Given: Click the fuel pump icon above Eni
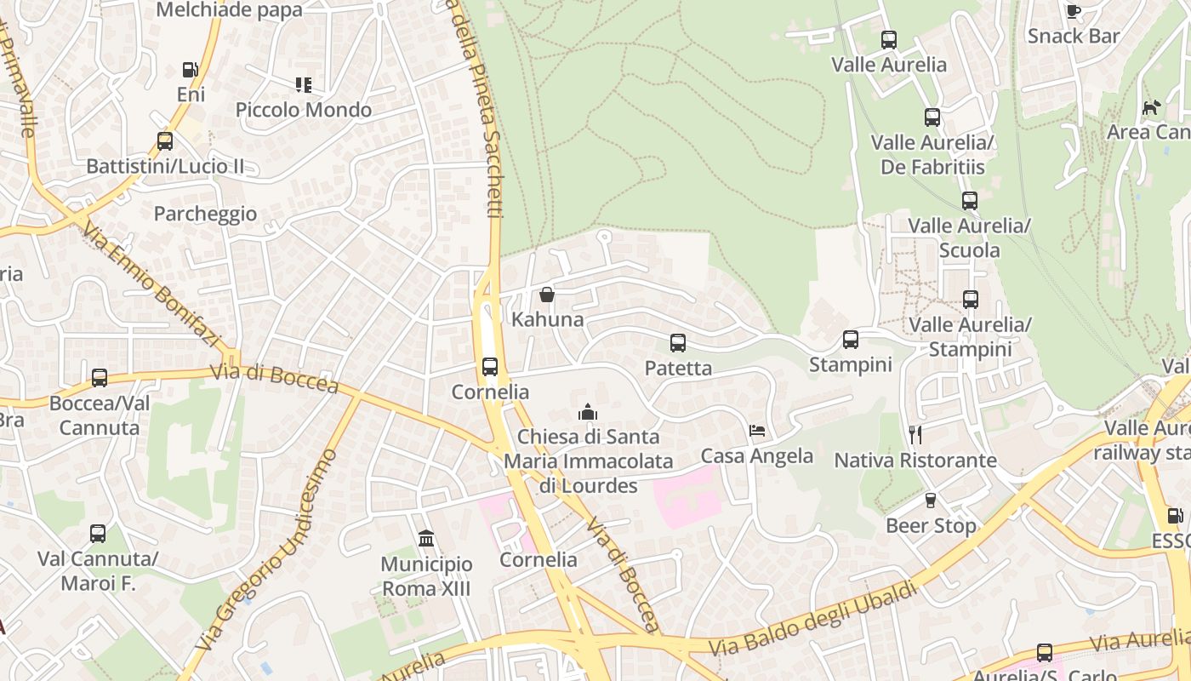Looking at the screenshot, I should point(190,70).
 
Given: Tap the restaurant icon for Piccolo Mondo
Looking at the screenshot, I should point(304,84).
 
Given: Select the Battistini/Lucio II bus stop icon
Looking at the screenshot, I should point(165,141).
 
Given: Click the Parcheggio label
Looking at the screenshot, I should point(205,214).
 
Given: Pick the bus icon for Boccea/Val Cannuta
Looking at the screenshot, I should point(100,378).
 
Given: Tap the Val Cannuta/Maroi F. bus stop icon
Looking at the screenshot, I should point(98,534).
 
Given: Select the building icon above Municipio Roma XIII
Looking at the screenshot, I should point(426,539).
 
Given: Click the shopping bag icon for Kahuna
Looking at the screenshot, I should point(547,295).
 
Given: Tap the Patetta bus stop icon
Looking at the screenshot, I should point(678,343).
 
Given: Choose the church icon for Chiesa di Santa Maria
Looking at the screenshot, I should point(587,412).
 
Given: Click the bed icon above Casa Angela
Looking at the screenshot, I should point(757,431).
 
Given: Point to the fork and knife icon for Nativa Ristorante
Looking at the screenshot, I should point(915,435).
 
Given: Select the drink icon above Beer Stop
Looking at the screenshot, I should point(930,501).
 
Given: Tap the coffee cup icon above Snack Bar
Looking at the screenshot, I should point(1074,11).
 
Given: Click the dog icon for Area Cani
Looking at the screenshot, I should point(1151,107).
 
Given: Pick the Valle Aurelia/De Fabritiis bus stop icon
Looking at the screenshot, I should point(932,117).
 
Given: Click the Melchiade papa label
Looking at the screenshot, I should point(230,10).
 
